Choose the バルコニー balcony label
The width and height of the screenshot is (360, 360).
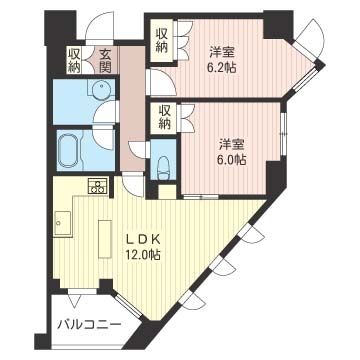tap(89, 326)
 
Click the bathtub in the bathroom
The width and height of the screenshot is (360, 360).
tap(71, 149)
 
